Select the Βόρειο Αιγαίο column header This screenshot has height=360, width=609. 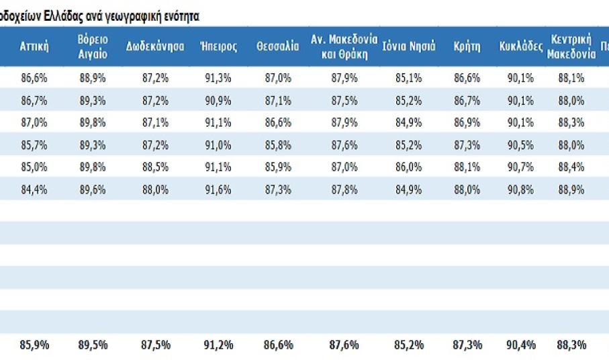(x=93, y=46)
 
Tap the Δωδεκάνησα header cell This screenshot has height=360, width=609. (x=155, y=46)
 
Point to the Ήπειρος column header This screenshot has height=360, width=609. (x=218, y=46)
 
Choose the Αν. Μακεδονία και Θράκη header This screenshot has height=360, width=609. (x=344, y=46)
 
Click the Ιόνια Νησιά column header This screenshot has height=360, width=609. (x=409, y=46)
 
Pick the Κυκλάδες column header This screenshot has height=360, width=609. (x=521, y=46)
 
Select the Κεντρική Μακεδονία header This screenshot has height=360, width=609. (x=571, y=46)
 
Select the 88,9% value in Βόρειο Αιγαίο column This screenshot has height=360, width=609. (x=93, y=78)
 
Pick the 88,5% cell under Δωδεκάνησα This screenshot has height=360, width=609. (x=155, y=167)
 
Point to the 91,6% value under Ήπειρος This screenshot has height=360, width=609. (x=218, y=189)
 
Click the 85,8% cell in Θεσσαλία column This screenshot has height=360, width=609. (x=277, y=144)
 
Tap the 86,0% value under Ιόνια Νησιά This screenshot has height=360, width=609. (x=409, y=167)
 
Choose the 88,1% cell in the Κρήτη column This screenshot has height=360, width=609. (x=467, y=167)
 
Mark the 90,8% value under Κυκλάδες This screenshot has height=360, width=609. (x=521, y=189)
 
